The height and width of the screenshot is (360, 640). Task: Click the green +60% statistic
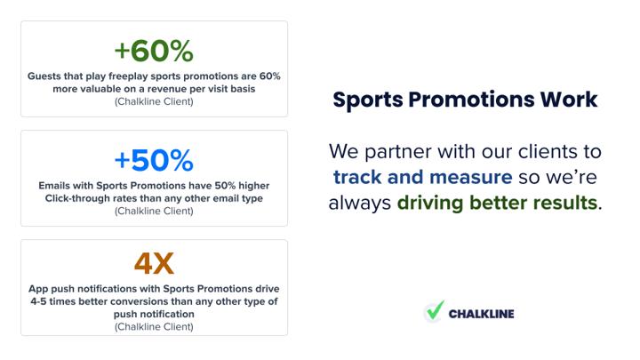pyautogui.click(x=154, y=51)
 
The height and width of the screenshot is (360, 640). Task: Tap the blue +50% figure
pyautogui.click(x=154, y=160)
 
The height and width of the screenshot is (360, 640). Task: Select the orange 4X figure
pyautogui.click(x=154, y=264)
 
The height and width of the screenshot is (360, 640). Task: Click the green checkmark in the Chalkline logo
pyautogui.click(x=435, y=310)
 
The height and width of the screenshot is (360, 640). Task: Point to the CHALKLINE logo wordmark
pyautogui.click(x=481, y=314)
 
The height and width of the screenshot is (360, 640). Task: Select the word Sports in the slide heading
pyautogui.click(x=368, y=100)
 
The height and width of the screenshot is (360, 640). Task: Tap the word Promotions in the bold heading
pyautogui.click(x=471, y=100)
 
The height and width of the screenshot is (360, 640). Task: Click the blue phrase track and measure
pyautogui.click(x=422, y=177)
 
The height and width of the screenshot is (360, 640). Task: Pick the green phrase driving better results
pyautogui.click(x=497, y=203)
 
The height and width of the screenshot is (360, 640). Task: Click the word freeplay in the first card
pyautogui.click(x=128, y=76)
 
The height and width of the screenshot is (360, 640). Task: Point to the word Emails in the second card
pyautogui.click(x=52, y=186)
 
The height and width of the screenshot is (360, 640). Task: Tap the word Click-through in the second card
pyautogui.click(x=70, y=198)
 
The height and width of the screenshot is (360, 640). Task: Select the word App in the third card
pyautogui.click(x=38, y=289)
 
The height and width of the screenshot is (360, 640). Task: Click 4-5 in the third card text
pyautogui.click(x=38, y=301)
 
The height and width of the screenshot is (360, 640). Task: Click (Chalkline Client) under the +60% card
pyautogui.click(x=154, y=101)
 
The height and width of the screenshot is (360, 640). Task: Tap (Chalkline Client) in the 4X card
pyautogui.click(x=154, y=327)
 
